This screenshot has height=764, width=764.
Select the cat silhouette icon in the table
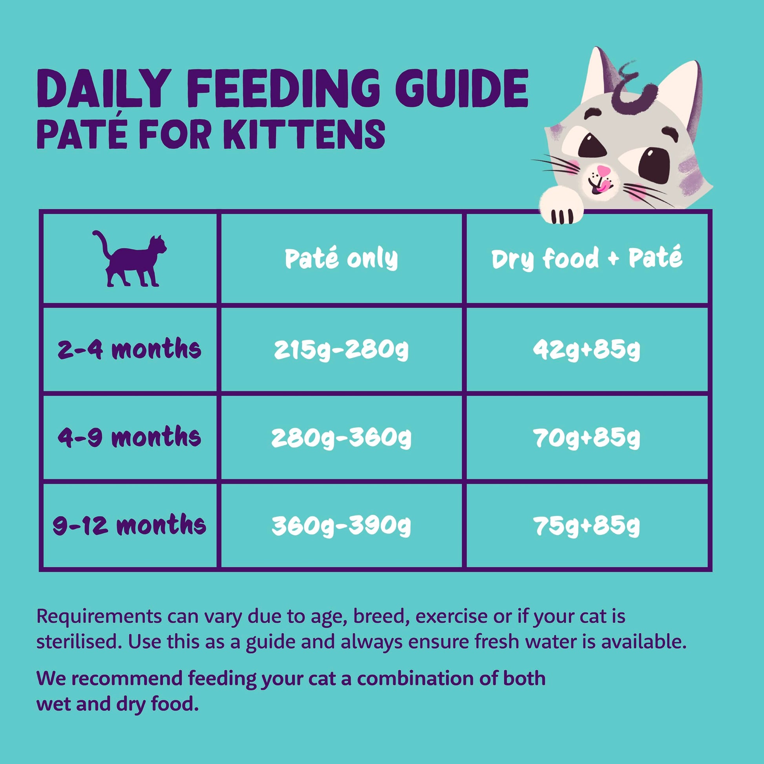[x=129, y=259]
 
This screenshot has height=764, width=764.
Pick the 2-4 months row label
[x=129, y=349]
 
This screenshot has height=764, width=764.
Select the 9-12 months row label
[x=129, y=525]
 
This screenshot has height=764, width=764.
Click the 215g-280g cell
[x=341, y=349]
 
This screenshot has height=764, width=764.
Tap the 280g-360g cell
[x=341, y=438]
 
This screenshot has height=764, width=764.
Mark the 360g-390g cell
[x=341, y=526]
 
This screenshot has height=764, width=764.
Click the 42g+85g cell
[x=587, y=349]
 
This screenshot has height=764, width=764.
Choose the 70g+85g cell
[x=587, y=438]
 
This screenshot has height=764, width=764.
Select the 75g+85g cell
[x=587, y=526]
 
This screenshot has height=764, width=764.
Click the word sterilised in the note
[x=78, y=642]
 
